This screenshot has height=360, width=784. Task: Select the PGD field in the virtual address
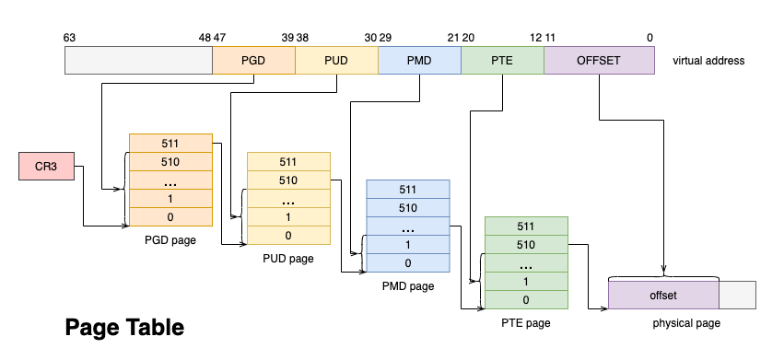tap(253, 61)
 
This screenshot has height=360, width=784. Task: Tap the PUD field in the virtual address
tap(336, 61)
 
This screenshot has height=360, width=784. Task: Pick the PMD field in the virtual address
tap(419, 61)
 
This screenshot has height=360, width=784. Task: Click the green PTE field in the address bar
tap(502, 61)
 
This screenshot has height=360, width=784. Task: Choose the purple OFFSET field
tap(599, 61)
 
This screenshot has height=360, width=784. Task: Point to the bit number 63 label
tap(70, 38)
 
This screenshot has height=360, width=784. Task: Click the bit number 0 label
tap(649, 38)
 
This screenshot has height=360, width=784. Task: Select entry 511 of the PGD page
tap(170, 144)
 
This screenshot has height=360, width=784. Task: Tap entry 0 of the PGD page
tap(170, 217)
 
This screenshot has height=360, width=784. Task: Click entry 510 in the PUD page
tap(288, 180)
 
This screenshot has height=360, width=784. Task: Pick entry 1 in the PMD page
tap(407, 245)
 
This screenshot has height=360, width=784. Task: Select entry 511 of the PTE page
tap(526, 226)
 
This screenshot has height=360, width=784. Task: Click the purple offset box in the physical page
tap(663, 295)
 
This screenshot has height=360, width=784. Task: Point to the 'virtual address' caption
tap(708, 62)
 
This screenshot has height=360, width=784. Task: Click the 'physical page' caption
tap(686, 323)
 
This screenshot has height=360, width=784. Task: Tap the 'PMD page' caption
tap(407, 286)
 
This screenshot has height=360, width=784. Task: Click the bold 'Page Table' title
tap(124, 327)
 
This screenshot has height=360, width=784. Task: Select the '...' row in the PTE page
tap(526, 263)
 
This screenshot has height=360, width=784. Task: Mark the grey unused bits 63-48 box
tap(138, 61)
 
